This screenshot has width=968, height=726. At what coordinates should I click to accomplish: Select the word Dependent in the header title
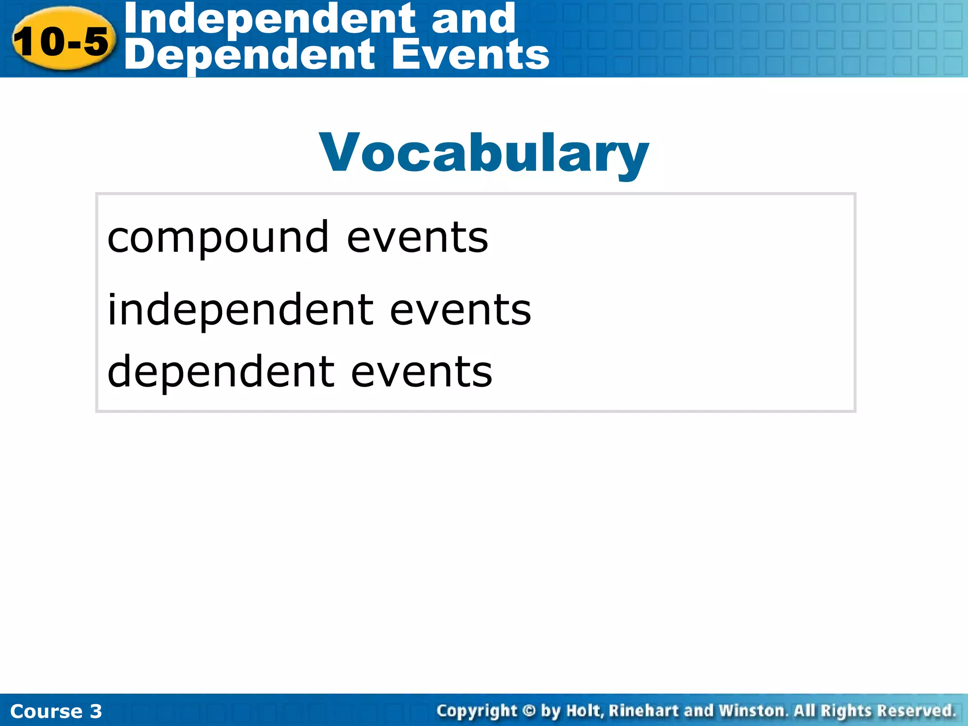pyautogui.click(x=251, y=56)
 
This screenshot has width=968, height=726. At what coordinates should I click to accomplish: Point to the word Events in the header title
pyautogui.click(x=470, y=55)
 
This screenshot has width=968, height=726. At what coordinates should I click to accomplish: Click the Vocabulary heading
pyautogui.click(x=484, y=153)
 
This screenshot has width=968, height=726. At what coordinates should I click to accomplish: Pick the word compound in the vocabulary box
pyautogui.click(x=218, y=237)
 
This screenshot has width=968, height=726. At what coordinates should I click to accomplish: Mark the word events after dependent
pyautogui.click(x=422, y=372)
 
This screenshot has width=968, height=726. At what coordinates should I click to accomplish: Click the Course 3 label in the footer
pyautogui.click(x=56, y=711)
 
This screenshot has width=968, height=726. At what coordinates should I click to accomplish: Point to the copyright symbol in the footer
pyautogui.click(x=529, y=710)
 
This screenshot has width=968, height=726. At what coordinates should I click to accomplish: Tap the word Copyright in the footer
pyautogui.click(x=477, y=711)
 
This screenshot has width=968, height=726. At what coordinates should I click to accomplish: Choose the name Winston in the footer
pyautogui.click(x=752, y=710)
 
